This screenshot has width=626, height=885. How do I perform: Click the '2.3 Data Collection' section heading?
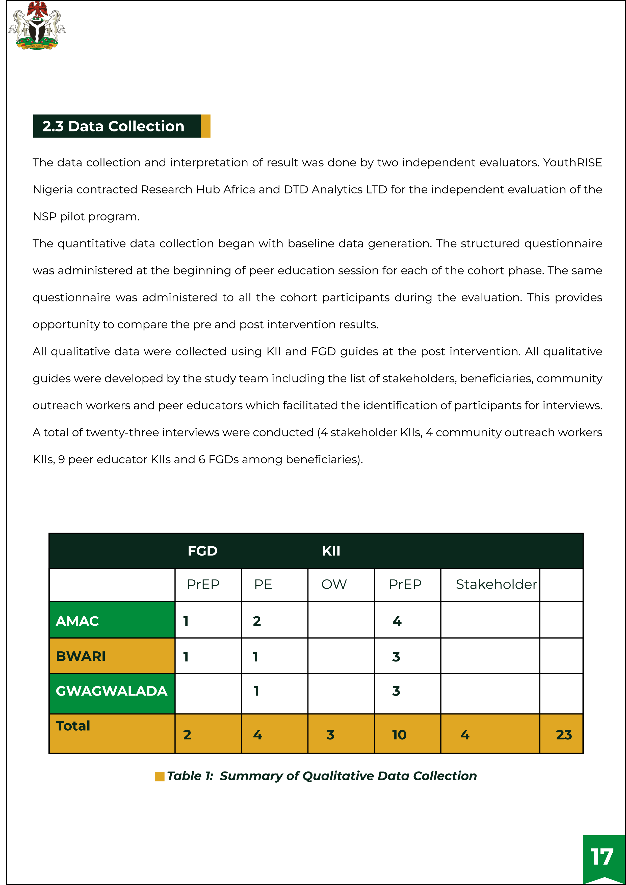pos(113,126)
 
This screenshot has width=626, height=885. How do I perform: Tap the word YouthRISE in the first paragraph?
pos(572,163)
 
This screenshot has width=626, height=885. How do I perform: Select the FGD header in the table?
pos(202,551)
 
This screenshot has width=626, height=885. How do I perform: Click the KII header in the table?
pos(331,551)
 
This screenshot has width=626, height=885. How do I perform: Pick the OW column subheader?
pos(334,584)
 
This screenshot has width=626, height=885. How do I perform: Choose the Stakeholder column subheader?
pos(496,584)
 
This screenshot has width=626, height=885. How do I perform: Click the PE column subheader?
pos(263,584)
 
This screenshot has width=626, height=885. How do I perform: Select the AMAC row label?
pos(77,621)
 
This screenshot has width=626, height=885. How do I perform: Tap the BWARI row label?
pos(81,656)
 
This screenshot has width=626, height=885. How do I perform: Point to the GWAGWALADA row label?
pos(112,691)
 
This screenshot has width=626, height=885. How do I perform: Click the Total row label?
pos(73,726)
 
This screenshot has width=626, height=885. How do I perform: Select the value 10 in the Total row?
pos(399,735)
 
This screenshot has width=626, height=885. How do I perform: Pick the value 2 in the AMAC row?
pos(257,621)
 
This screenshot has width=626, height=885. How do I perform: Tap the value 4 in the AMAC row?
pos(397,621)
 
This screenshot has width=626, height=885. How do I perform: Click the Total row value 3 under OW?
pos(330,735)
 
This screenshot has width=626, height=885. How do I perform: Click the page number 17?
pos(602,857)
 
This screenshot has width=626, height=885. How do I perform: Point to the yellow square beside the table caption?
pos(159,776)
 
